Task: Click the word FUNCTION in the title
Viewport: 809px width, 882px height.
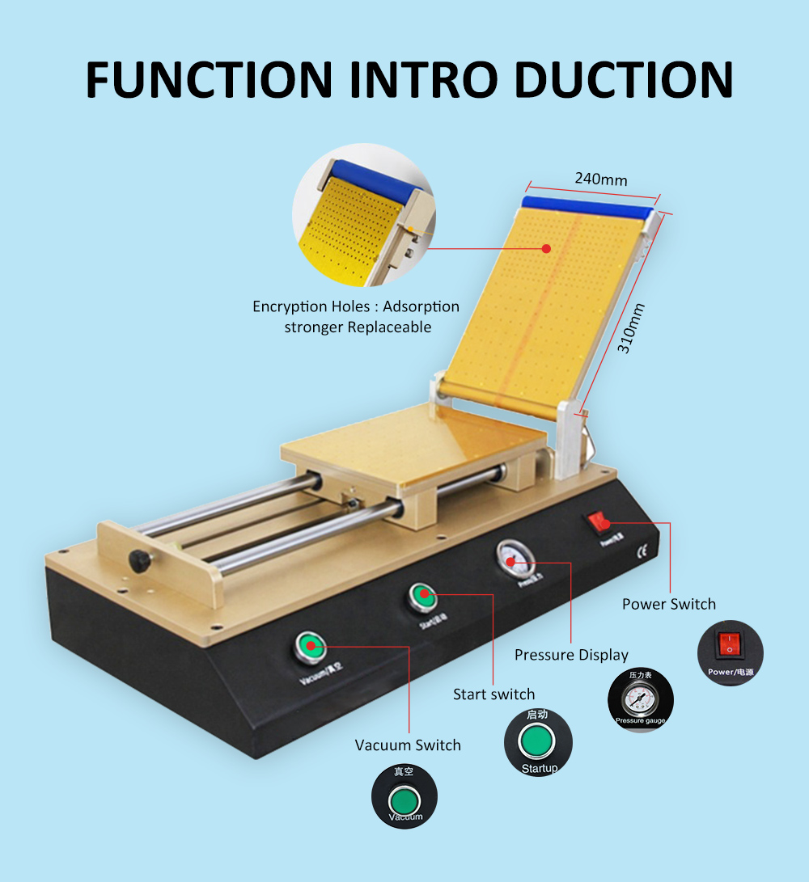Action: (x=210, y=78)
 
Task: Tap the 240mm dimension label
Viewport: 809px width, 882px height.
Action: (x=600, y=179)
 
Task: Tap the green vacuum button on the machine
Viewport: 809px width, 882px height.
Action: (x=310, y=645)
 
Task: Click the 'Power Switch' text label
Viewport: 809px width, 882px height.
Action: (x=668, y=604)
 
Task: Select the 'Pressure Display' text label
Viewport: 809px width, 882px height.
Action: (x=571, y=655)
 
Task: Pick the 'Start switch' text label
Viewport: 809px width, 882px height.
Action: (x=493, y=694)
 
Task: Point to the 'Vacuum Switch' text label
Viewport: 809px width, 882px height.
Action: (x=408, y=745)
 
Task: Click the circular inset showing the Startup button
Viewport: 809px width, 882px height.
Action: (x=538, y=742)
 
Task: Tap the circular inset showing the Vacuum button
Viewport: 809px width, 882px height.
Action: (x=404, y=797)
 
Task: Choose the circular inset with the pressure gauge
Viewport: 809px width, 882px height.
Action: (x=640, y=700)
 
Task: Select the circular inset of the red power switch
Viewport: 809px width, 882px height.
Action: (x=730, y=652)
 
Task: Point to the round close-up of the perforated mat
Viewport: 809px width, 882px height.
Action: (x=364, y=215)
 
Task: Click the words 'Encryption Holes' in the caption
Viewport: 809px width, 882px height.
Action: (x=313, y=307)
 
